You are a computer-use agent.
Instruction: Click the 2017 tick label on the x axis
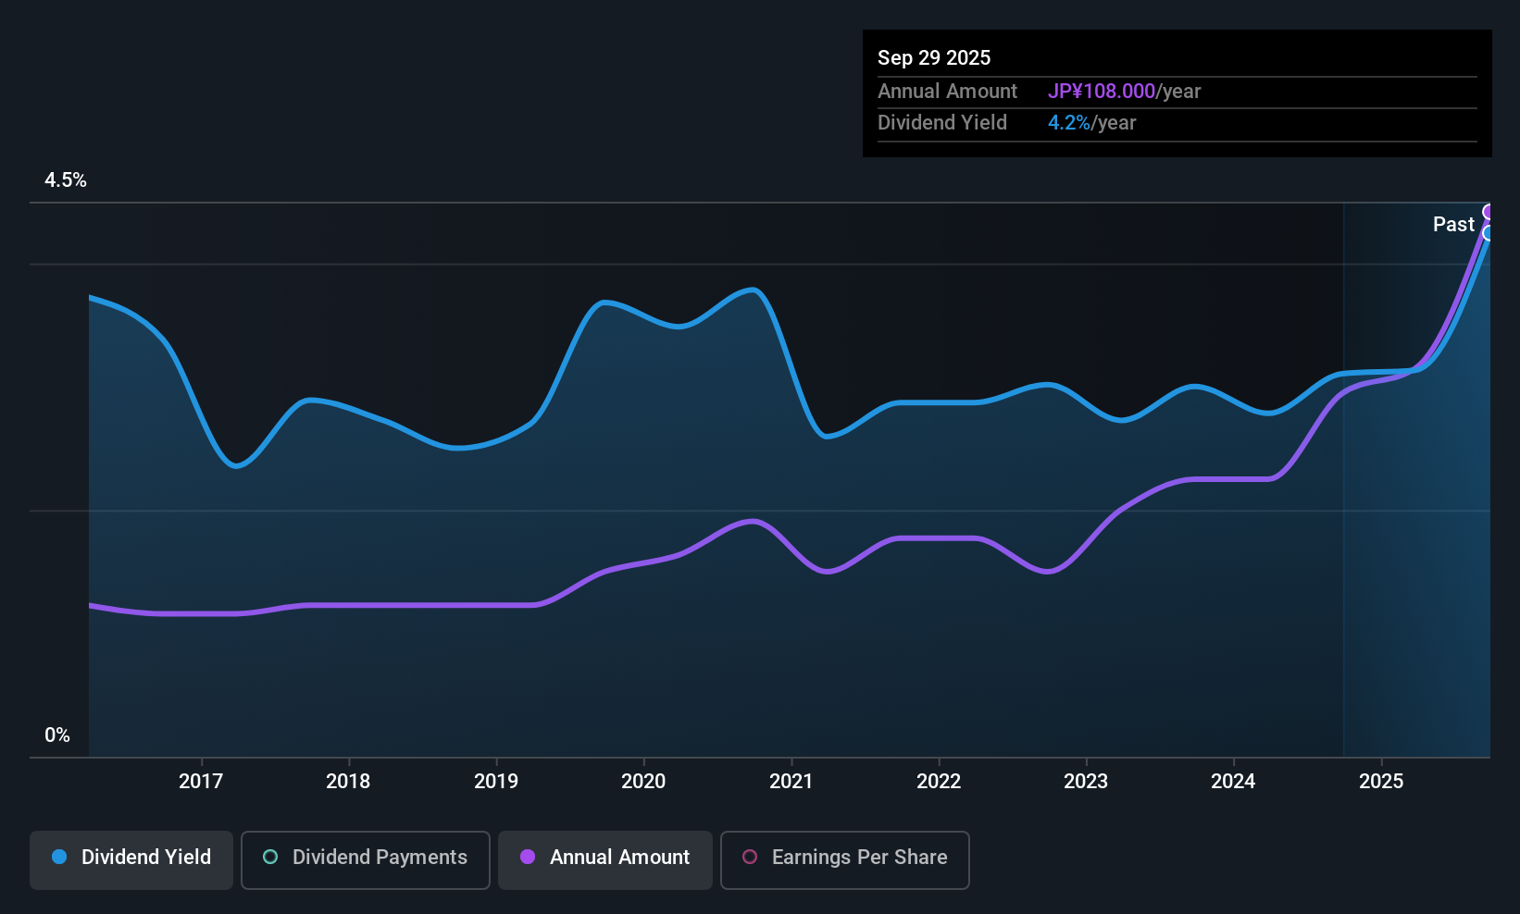tap(201, 781)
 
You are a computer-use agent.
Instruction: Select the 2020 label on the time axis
tap(643, 781)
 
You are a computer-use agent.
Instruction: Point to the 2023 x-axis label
tap(1086, 781)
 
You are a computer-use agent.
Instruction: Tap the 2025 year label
tap(1381, 781)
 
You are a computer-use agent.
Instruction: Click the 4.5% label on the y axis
tap(66, 180)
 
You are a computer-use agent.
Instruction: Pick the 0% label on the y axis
tap(57, 735)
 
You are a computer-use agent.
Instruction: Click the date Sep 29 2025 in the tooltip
tap(934, 57)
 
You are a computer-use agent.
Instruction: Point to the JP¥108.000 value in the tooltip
tap(1102, 91)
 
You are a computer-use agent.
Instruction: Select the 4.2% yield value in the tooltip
tap(1069, 122)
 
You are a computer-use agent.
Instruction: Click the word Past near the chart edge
tap(1453, 224)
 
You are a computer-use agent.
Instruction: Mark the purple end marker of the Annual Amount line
tap(1489, 212)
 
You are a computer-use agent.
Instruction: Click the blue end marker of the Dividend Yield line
tap(1489, 233)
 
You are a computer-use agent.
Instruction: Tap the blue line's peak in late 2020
tap(754, 290)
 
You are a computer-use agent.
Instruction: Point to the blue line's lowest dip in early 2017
tap(237, 465)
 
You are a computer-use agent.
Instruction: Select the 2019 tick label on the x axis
tap(496, 781)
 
